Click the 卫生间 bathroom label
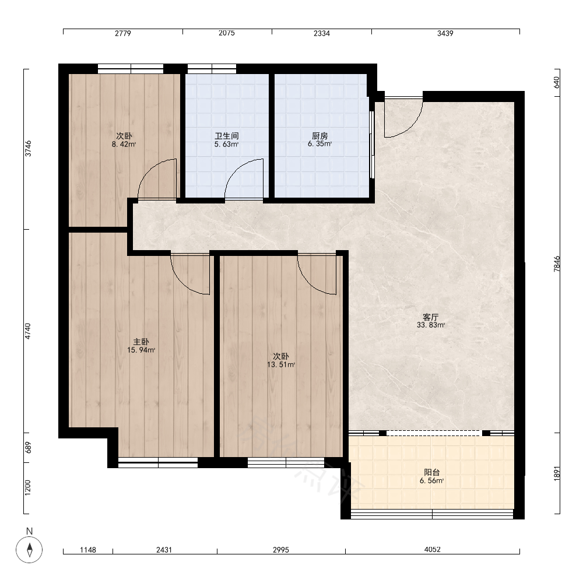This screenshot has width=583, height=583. tap(226, 136)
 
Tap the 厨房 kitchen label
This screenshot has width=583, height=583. tap(319, 136)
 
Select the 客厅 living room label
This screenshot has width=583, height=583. tap(431, 317)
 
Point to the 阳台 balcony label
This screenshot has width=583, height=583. tap(431, 472)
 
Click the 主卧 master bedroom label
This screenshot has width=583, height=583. tap(141, 342)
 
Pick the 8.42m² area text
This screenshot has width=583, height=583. tap(124, 144)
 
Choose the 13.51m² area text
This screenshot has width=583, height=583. tap(281, 365)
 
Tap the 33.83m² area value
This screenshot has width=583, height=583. tap(431, 325)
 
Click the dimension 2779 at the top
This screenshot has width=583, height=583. tap(122, 33)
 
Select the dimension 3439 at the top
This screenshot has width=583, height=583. tap(445, 33)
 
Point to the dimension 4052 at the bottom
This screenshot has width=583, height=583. tap(433, 550)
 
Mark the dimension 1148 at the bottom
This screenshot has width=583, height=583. tap(88, 550)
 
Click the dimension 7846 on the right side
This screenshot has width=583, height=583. tap(557, 264)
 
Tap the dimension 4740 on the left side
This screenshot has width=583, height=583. tap(27, 331)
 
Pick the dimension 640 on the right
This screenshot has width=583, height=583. tap(557, 82)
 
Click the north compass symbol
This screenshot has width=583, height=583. tap(29, 549)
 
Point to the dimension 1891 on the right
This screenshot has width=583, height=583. tap(557, 473)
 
